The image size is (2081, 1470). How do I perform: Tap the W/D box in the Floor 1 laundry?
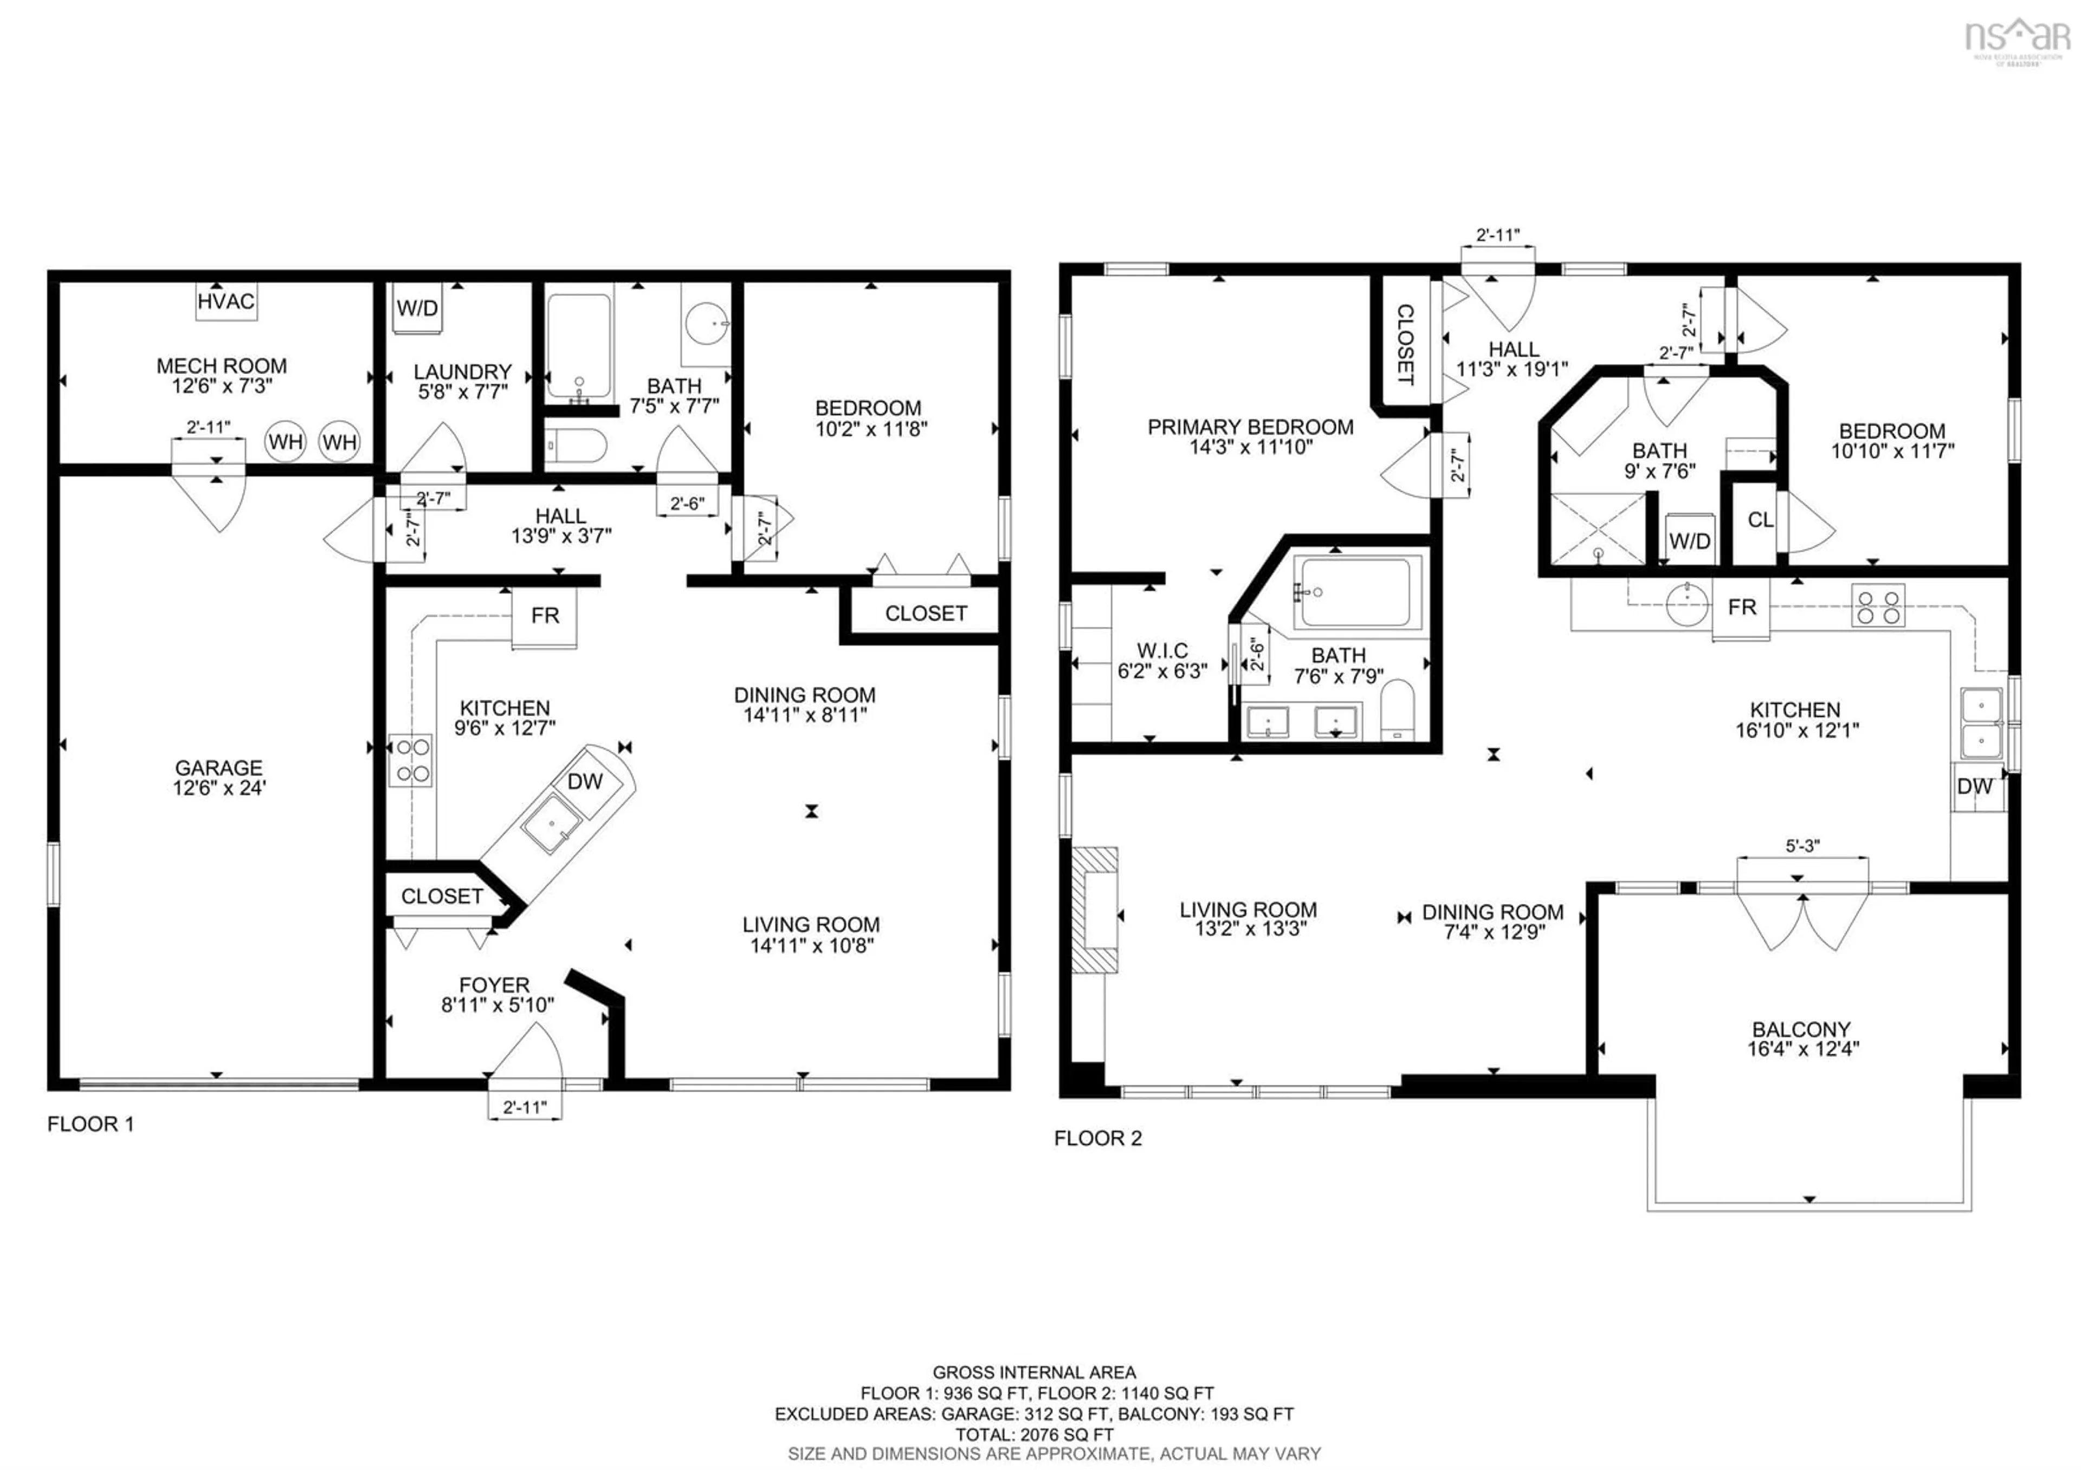pos(417,308)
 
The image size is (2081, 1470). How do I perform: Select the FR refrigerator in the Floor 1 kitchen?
pos(545,616)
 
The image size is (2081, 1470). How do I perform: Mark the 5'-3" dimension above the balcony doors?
pos(1802,847)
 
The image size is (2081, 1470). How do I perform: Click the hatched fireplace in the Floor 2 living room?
pos(1095,910)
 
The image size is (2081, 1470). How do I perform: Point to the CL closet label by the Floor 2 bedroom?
pos(1760,520)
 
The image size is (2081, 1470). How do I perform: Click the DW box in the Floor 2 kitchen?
pos(1974,786)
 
